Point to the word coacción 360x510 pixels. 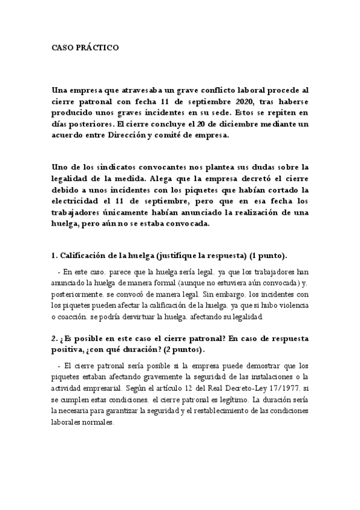[x=72, y=318]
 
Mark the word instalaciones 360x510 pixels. [x=270, y=377]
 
